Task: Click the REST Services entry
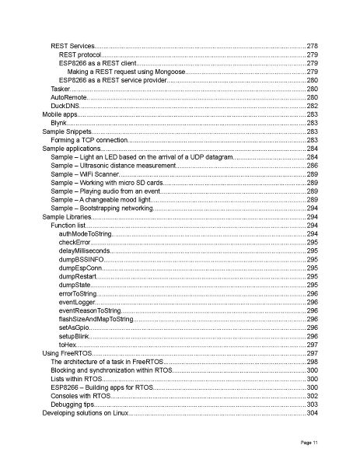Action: (x=72, y=47)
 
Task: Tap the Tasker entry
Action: (x=61, y=89)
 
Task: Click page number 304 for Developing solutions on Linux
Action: (x=312, y=412)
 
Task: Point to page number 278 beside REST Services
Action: (x=312, y=47)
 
